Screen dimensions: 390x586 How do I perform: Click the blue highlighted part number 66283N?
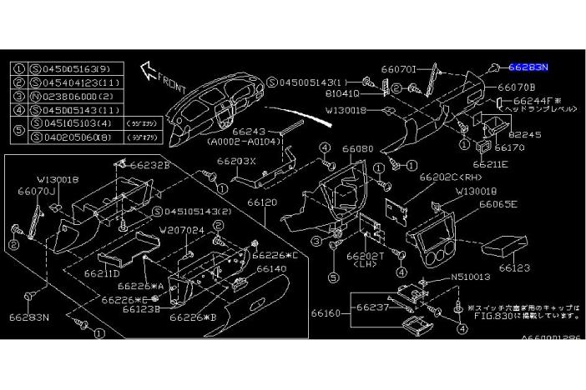click(x=534, y=65)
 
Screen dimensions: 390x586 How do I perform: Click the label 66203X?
click(x=236, y=161)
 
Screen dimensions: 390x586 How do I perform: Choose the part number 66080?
click(x=357, y=148)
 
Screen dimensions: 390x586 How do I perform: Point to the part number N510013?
click(x=472, y=277)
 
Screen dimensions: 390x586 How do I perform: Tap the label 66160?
click(x=326, y=313)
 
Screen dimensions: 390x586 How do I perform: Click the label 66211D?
click(x=102, y=272)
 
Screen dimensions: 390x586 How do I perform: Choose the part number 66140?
click(x=272, y=268)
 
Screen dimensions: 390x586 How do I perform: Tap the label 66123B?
click(x=141, y=308)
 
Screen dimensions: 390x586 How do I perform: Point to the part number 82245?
click(x=525, y=133)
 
